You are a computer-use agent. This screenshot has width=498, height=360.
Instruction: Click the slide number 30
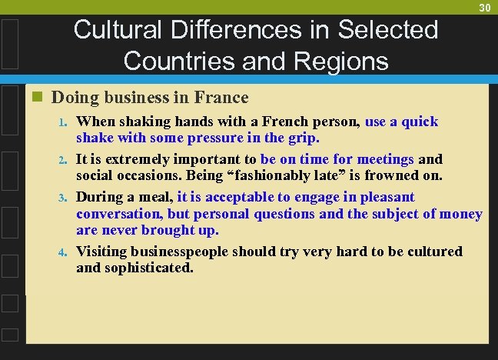tap(485, 8)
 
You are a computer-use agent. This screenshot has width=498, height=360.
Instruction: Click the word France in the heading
tap(223, 98)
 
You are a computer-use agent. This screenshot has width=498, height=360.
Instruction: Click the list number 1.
tap(64, 122)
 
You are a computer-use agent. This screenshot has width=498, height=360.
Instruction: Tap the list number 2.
tap(64, 160)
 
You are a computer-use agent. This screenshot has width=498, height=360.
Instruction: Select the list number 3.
tap(64, 198)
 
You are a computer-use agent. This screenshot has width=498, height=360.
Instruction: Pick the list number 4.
tap(64, 252)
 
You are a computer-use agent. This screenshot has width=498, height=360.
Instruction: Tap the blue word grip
tap(303, 138)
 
